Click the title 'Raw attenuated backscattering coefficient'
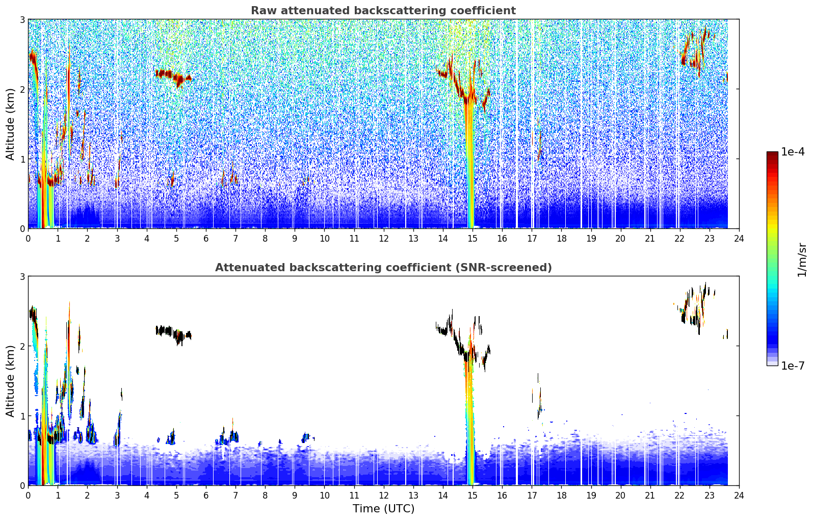point(383,11)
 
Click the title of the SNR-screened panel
point(383,267)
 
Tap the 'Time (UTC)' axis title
point(383,508)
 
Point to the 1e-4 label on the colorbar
point(793,151)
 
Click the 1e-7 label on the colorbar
point(793,366)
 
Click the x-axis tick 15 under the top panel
point(472,239)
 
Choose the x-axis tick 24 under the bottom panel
point(739,496)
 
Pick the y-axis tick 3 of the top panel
point(22,19)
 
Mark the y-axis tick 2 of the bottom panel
point(22,347)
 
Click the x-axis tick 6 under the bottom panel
point(206,496)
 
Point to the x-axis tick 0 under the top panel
point(29,239)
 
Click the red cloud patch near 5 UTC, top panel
point(173,77)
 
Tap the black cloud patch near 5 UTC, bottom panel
point(173,334)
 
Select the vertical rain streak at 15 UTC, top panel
point(469,164)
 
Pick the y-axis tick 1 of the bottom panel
point(22,416)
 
